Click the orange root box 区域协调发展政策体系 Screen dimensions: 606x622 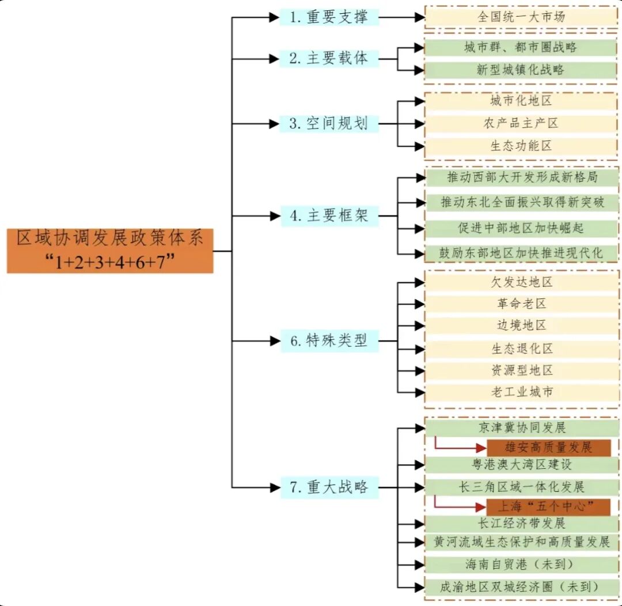pyautogui.click(x=110, y=250)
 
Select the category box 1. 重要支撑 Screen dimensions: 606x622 pyautogui.click(x=329, y=17)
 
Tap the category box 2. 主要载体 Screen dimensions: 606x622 pyautogui.click(x=329, y=58)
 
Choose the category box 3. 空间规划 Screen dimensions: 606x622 pyautogui.click(x=329, y=123)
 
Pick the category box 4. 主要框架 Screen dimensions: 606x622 pyautogui.click(x=329, y=216)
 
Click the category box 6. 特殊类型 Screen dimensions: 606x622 pyautogui.click(x=329, y=341)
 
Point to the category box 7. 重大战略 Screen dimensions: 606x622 pyautogui.click(x=329, y=487)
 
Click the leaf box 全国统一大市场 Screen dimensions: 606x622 pyautogui.click(x=521, y=17)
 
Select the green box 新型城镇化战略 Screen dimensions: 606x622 pyautogui.click(x=521, y=70)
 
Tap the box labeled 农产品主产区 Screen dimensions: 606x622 pyautogui.click(x=521, y=123)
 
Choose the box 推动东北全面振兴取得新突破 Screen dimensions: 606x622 pyautogui.click(x=521, y=203)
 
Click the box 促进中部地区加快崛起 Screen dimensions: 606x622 pyautogui.click(x=521, y=229)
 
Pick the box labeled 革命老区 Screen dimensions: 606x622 pyautogui.click(x=521, y=304)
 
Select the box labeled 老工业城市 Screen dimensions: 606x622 pyautogui.click(x=521, y=392)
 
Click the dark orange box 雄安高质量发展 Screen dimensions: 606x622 pyautogui.click(x=548, y=448)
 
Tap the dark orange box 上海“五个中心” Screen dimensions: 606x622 pyautogui.click(x=548, y=507)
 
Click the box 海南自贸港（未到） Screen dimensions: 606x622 pyautogui.click(x=521, y=564)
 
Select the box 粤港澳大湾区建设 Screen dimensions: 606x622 pyautogui.click(x=521, y=465)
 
